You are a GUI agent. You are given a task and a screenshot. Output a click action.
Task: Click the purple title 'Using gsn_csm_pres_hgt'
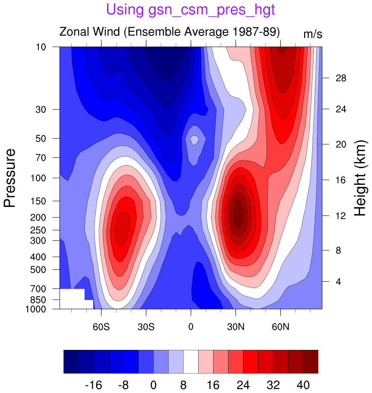coord(190,9)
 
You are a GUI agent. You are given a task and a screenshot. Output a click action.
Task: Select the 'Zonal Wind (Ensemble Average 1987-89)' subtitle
coord(169,32)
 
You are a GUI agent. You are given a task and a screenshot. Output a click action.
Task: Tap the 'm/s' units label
coord(313,34)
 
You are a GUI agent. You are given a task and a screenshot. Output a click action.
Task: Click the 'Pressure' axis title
coord(10,178)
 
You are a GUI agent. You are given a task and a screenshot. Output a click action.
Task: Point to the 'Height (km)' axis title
coord(361,178)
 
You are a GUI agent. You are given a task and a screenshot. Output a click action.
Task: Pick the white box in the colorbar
coord(191,362)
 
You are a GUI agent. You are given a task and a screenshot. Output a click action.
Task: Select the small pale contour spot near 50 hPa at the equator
coord(194,140)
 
